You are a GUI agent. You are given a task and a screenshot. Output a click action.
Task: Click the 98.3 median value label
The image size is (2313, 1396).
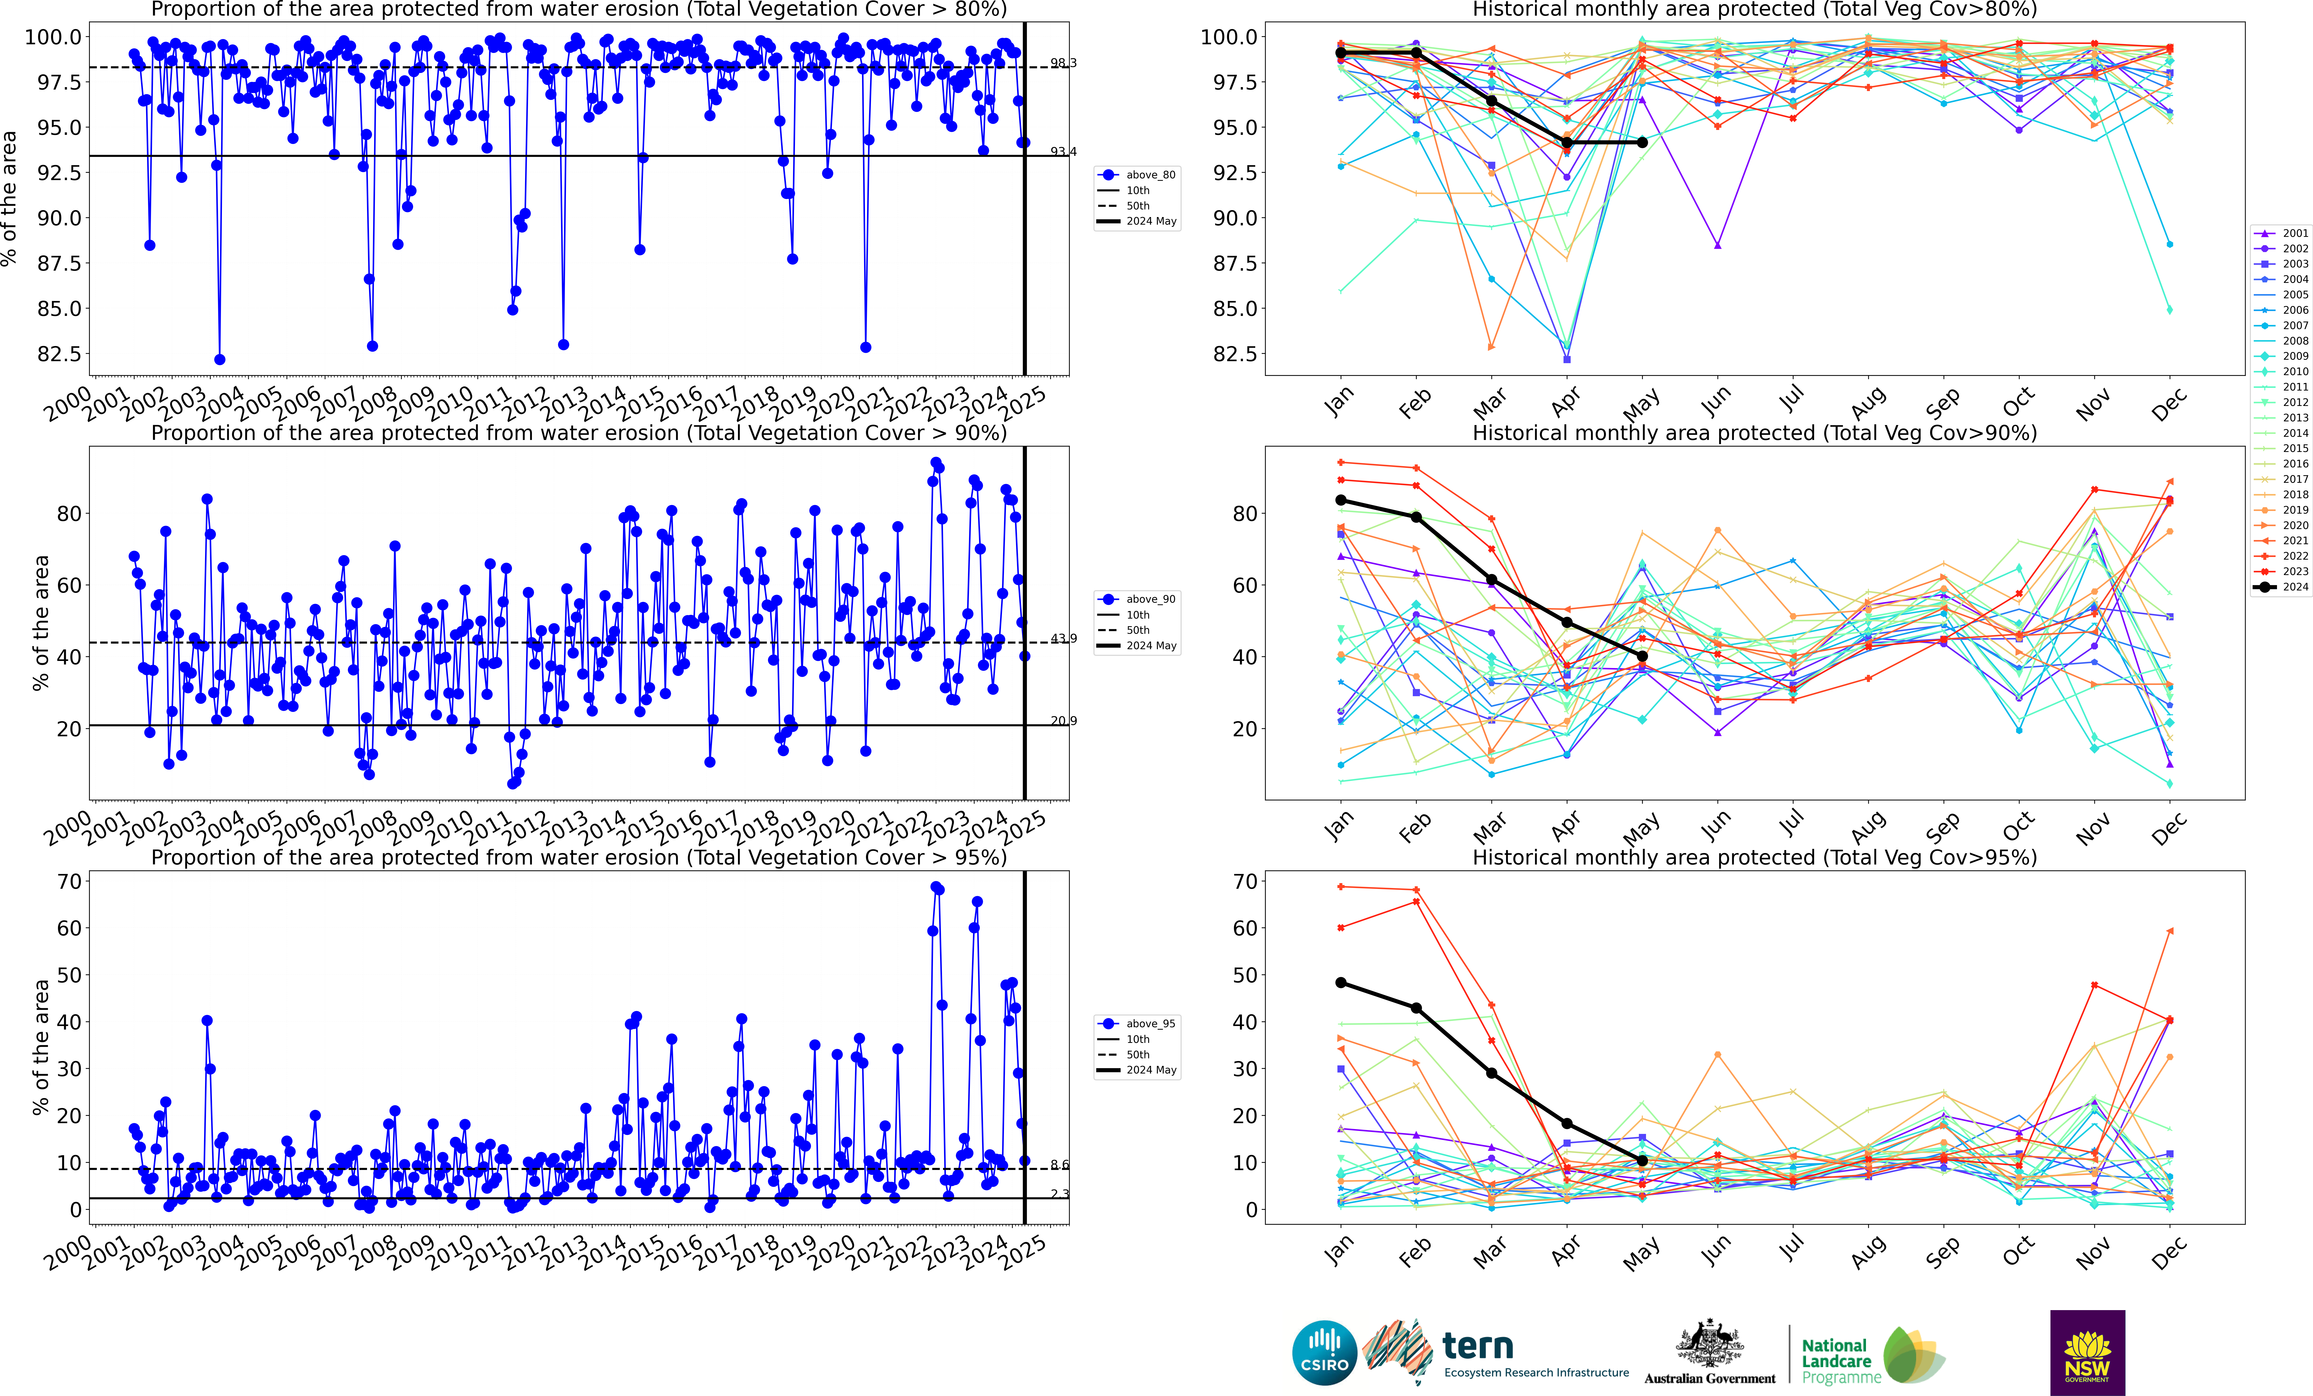[x=1063, y=63]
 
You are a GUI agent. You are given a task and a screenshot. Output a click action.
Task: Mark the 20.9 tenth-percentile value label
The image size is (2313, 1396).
[x=1063, y=721]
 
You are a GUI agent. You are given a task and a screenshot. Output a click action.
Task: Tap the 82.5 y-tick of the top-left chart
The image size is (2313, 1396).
[x=58, y=354]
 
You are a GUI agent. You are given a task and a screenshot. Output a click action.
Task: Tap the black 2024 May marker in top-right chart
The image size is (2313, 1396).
[x=1642, y=143]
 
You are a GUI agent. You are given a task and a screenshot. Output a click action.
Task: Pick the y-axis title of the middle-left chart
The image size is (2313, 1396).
[x=40, y=623]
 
